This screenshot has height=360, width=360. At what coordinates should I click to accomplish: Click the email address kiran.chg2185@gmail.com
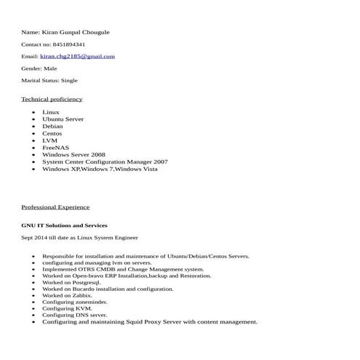pos(77,56)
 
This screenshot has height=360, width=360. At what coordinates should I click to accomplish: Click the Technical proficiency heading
pos(52,99)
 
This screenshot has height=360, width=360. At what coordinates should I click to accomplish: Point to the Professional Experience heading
pos(55,207)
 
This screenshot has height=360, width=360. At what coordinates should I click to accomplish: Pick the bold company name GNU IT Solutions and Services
pos(64,225)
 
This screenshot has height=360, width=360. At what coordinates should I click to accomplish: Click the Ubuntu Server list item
pos(63,119)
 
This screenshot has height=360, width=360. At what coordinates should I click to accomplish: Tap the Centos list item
pos(52,133)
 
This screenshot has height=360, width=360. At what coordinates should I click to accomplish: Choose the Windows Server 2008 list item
pos(73,155)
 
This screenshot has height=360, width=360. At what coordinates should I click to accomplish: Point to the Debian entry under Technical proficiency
pos(52,127)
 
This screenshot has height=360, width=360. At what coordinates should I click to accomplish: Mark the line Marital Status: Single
pos(49,81)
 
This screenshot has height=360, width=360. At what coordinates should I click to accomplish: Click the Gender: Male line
pos(39,68)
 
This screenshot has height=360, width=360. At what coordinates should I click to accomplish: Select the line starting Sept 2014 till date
pos(79,238)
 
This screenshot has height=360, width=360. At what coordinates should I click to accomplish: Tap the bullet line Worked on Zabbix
pos(67,295)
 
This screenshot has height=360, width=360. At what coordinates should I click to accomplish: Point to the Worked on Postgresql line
pos(71,282)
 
